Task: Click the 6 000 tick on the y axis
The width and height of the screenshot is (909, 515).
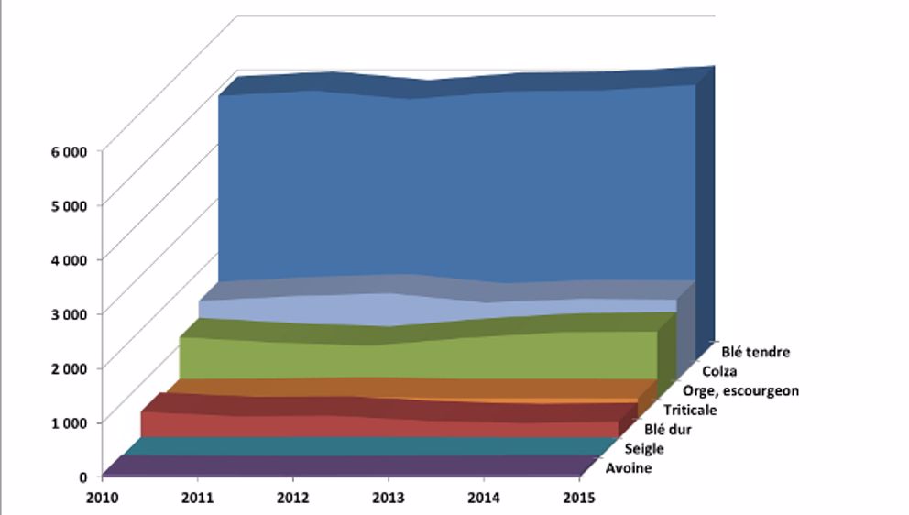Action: coord(68,150)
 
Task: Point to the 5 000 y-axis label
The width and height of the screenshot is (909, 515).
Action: coord(68,204)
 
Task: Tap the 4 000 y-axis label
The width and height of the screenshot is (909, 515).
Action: coord(68,259)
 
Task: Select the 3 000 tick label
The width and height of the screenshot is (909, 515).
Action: coord(68,313)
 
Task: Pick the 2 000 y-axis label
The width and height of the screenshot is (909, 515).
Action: coord(68,367)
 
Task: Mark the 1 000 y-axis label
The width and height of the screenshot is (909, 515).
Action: coord(68,422)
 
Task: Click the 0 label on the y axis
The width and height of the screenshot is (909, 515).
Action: coord(82,477)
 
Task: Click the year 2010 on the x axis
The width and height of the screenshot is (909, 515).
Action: coord(102,499)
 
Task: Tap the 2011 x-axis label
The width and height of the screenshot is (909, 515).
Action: coord(197,499)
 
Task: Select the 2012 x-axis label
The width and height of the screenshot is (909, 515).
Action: coord(292,499)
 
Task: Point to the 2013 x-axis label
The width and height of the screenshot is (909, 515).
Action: coord(389,499)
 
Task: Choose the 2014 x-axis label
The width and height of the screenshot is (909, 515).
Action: coord(484,499)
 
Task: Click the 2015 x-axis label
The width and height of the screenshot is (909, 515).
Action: coord(580,499)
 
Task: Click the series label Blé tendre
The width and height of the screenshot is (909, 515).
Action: coord(755,351)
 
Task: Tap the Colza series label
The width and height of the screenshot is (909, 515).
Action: coord(719,371)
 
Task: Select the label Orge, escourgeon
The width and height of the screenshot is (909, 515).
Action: coord(741,391)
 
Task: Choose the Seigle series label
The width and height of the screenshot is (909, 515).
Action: coord(644,449)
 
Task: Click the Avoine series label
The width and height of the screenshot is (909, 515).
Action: coord(630,468)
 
